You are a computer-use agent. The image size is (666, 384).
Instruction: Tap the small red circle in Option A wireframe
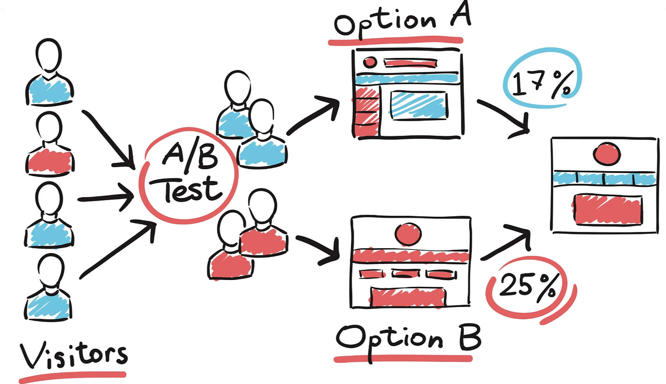click(369, 62)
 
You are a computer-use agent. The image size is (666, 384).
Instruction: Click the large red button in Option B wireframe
click(408, 297)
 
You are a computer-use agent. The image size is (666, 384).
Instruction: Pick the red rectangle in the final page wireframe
click(607, 209)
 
